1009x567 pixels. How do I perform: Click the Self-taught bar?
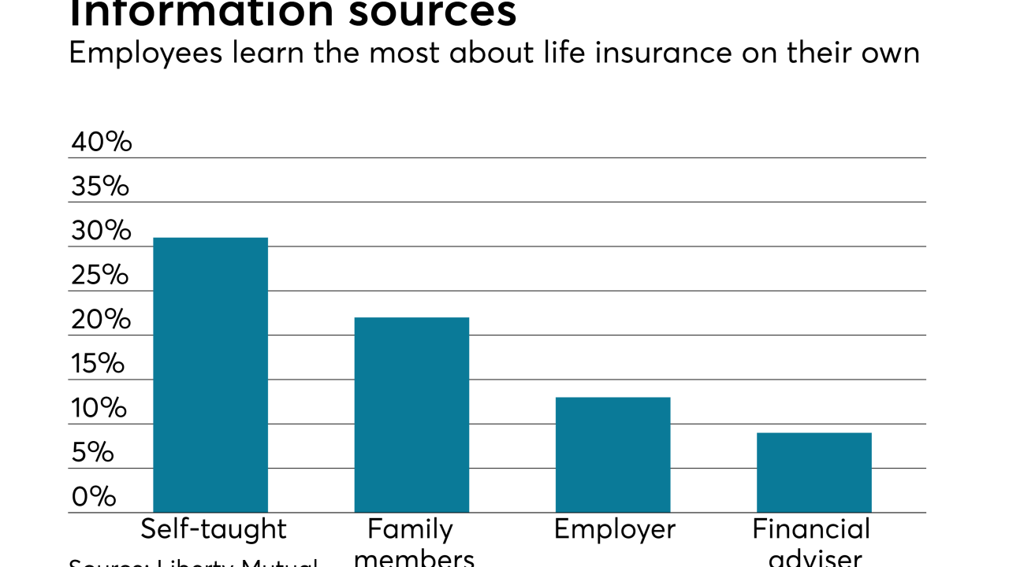pos(210,375)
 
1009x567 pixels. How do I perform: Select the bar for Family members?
pos(411,415)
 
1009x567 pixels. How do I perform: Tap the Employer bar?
pos(612,454)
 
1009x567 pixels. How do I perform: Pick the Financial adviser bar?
pos(814,472)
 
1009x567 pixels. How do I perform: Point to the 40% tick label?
pos(102,143)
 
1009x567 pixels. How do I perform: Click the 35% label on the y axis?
pos(100,187)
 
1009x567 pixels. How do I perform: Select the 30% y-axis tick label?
pos(101,231)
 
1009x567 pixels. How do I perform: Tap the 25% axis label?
pos(100,276)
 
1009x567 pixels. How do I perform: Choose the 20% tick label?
pos(101,320)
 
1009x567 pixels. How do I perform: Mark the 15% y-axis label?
pos(98,364)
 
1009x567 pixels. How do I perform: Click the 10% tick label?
pos(99,409)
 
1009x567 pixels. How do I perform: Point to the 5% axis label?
pos(93,453)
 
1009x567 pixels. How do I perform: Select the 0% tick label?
pos(94,497)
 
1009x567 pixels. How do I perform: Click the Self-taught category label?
pos(214,529)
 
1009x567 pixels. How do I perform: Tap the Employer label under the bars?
pos(615,529)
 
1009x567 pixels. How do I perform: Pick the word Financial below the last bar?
pos(811,529)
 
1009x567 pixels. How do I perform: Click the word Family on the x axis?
pos(410,529)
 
